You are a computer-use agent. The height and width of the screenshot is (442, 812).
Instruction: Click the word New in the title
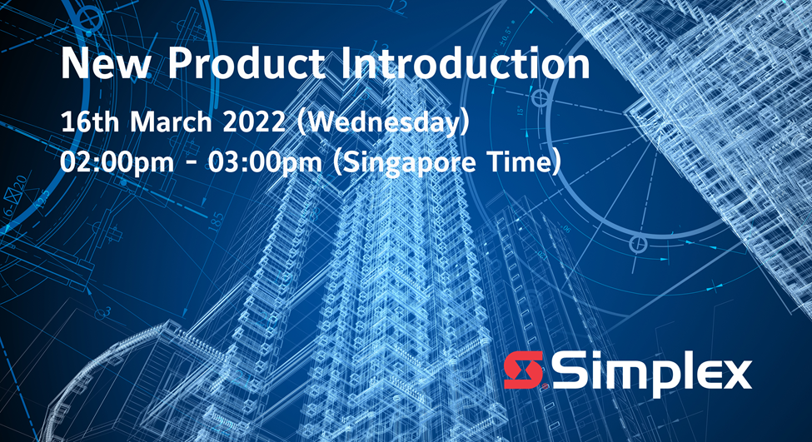pyautogui.click(x=106, y=63)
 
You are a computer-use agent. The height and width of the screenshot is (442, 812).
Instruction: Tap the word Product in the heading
pyautogui.click(x=247, y=63)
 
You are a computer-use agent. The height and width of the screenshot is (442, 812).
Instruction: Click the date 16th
pyautogui.click(x=90, y=122)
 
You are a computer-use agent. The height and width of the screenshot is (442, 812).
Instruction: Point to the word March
pyautogui.click(x=171, y=122)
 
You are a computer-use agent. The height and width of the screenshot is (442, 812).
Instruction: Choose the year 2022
pyautogui.click(x=254, y=122)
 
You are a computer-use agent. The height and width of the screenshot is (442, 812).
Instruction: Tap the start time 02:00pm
pyautogui.click(x=117, y=163)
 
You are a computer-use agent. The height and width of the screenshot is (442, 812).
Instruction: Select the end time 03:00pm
pyautogui.click(x=265, y=163)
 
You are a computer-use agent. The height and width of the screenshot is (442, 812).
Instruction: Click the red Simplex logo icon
pyautogui.click(x=524, y=370)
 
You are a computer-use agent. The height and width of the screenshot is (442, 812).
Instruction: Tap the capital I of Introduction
pyautogui.click(x=346, y=63)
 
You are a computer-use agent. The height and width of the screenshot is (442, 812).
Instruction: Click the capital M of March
pyautogui.click(x=142, y=122)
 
